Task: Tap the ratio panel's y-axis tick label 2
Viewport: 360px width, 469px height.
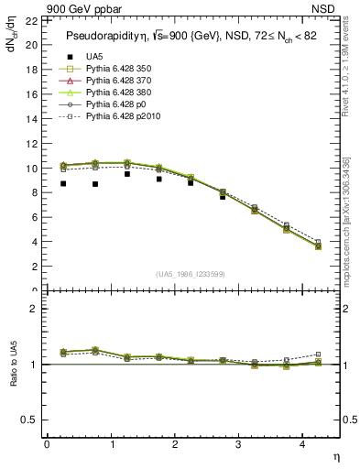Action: tap(33, 309)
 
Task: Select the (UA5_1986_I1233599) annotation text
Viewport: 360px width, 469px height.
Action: tap(191, 274)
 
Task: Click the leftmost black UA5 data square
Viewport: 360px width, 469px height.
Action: tap(63, 183)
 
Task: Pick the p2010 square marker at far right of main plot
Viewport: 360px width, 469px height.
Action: tap(318, 243)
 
